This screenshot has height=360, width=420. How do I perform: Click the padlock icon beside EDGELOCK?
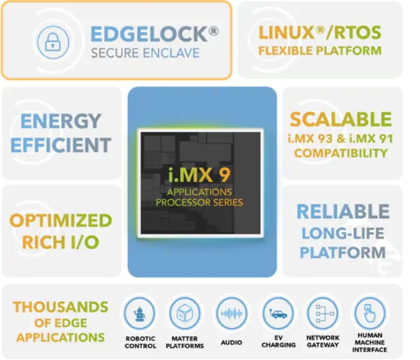pos(52,42)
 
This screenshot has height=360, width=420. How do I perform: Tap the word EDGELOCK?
pos(150,34)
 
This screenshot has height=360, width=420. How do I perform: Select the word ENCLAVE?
pos(171,53)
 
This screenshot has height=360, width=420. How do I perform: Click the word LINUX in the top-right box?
pos(286,33)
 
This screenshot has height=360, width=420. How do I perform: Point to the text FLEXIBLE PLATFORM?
pos(320,51)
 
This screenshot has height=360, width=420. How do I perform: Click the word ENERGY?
pos(61,121)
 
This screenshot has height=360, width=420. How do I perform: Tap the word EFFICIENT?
pos(61,145)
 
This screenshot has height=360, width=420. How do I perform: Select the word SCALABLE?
pos(341,119)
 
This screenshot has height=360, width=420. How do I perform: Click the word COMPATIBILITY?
pos(341,153)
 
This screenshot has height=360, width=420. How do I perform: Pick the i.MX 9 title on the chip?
pos(199,174)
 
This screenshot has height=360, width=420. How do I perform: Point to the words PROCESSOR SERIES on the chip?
pos(199,202)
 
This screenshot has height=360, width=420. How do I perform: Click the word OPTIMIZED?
pos(61,220)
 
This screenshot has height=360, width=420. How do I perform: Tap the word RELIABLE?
pos(343,212)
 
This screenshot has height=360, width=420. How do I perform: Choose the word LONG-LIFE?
pos(343,233)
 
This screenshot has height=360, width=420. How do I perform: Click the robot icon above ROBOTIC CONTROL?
pos(139,314)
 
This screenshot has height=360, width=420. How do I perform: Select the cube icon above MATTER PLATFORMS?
pos(185,313)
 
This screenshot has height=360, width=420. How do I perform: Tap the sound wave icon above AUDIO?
pos(231,314)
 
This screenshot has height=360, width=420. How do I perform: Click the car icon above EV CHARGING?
pos(278,314)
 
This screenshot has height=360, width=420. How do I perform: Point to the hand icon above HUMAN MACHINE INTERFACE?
pos(370,313)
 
